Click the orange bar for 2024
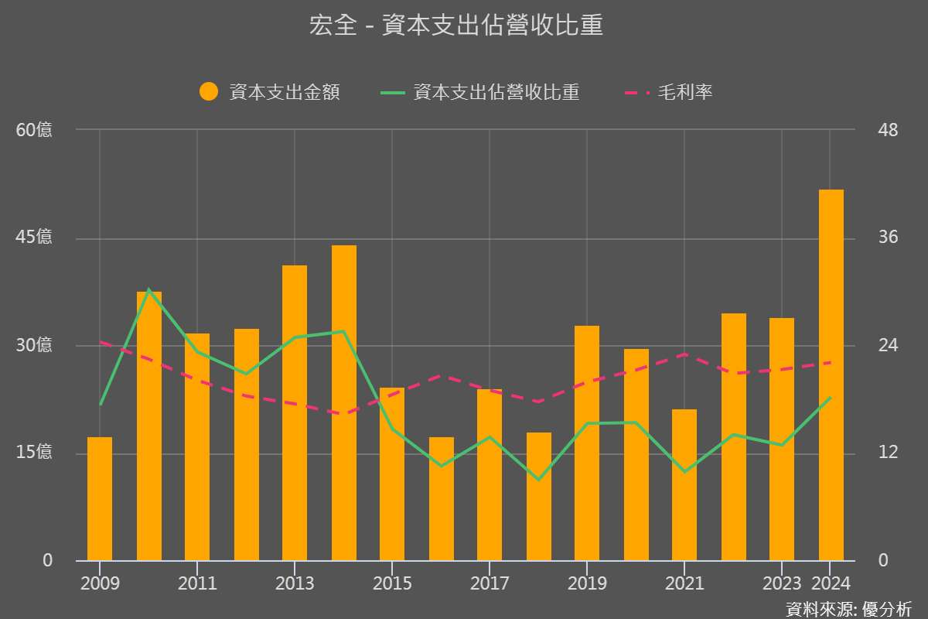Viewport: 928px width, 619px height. pyautogui.click(x=831, y=375)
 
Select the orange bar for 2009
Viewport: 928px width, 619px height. pyautogui.click(x=100, y=499)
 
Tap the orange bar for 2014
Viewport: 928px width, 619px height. pyautogui.click(x=344, y=402)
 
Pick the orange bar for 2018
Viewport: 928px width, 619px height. pyautogui.click(x=539, y=497)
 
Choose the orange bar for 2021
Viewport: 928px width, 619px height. pyautogui.click(x=684, y=485)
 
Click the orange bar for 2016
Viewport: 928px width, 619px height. pyautogui.click(x=442, y=499)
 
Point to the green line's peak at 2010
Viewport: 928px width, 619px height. pyautogui.click(x=149, y=289)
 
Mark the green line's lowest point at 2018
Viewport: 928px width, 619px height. pyautogui.click(x=539, y=480)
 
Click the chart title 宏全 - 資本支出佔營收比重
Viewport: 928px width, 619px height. pyautogui.click(x=456, y=26)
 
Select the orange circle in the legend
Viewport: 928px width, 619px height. pyautogui.click(x=209, y=92)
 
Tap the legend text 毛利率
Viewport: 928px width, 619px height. pyautogui.click(x=685, y=92)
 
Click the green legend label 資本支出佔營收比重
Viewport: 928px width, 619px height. pyautogui.click(x=496, y=92)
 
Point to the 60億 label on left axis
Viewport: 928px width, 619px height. pyautogui.click(x=35, y=130)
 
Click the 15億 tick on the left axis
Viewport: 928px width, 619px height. pyautogui.click(x=35, y=452)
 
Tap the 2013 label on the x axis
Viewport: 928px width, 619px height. pyautogui.click(x=295, y=583)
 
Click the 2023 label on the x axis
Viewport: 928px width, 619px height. pyautogui.click(x=781, y=583)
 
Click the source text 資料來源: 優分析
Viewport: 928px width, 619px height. pyautogui.click(x=849, y=609)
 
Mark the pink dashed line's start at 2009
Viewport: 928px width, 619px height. pyautogui.click(x=101, y=341)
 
